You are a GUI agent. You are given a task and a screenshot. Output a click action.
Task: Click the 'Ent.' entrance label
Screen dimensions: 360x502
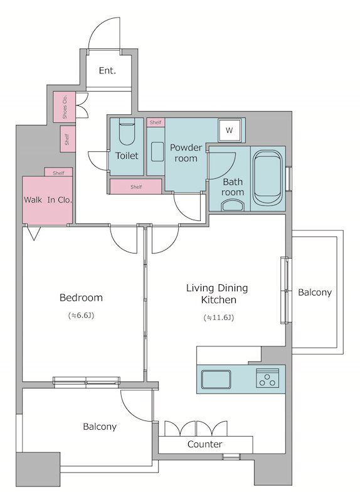(107, 70)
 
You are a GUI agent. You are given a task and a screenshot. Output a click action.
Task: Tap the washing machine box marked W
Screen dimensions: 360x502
(229, 131)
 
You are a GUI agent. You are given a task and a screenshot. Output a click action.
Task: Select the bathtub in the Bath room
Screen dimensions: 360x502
(268, 178)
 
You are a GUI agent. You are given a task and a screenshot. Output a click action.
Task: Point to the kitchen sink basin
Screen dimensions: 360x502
(216, 379)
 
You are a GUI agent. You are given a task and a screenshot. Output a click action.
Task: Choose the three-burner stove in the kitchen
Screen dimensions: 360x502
(268, 378)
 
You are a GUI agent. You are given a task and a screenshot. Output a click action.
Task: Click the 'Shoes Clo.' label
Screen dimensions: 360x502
(65, 107)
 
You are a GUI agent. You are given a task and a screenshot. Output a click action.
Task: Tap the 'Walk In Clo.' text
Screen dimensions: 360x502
(48, 200)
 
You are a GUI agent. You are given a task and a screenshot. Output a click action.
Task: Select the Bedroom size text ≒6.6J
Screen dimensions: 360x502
(81, 316)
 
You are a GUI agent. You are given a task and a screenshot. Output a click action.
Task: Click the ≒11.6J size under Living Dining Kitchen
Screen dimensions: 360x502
(219, 318)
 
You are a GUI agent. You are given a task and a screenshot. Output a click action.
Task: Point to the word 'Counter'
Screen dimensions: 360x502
(205, 444)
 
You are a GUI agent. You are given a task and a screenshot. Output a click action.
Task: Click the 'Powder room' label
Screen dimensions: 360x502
(186, 153)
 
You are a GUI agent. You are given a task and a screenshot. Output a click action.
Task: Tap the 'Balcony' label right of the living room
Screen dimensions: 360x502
(315, 292)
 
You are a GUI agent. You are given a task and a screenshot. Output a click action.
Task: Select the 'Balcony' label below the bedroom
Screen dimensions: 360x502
(100, 427)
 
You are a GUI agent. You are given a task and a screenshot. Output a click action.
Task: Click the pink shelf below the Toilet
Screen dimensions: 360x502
(135, 186)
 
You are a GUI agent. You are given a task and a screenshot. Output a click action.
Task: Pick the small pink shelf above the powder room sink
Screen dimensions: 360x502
(156, 122)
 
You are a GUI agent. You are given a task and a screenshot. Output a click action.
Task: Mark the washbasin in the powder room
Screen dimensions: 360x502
(157, 151)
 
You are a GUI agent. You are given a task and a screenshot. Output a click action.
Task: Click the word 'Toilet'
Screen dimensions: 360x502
(127, 156)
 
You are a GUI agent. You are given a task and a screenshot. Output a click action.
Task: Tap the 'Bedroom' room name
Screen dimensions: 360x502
(81, 297)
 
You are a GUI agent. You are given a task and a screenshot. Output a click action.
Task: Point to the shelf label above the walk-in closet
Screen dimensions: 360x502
(58, 173)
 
